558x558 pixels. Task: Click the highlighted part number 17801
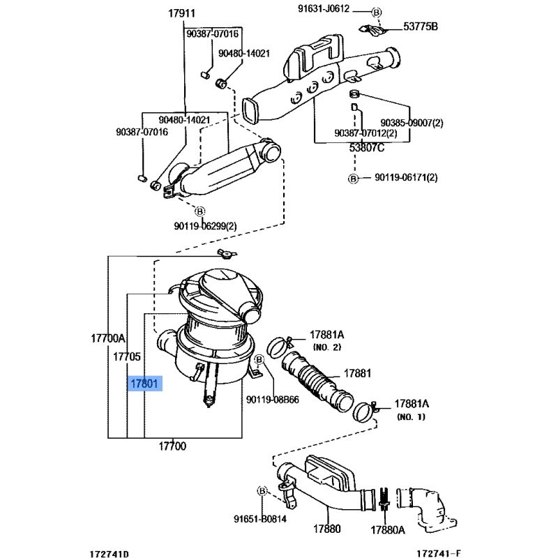pos(144,384)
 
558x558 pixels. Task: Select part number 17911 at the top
pos(181,13)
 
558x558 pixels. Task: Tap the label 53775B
pos(421,27)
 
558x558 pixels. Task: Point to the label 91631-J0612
pos(324,8)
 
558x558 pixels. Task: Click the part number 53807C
pos(367,147)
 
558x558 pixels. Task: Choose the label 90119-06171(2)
pos(406,177)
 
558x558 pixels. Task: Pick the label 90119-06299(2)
pos(205,226)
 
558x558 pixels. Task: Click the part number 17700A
pos(108,338)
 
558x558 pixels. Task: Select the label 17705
pos(127,356)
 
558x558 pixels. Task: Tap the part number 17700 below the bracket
pos(172,446)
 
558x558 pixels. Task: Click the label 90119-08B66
pos(273,400)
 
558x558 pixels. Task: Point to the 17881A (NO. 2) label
pos(327,340)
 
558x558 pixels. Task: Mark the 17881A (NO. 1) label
pos(412,410)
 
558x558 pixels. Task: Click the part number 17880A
pos(388,530)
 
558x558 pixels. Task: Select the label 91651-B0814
pos(260,519)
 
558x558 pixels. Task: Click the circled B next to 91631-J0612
pos(377,13)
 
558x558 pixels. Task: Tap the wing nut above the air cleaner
pos(227,254)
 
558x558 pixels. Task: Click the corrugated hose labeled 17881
pos(317,382)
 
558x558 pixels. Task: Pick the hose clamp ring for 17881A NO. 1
pos(363,412)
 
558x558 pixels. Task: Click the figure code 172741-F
pos(439,553)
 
